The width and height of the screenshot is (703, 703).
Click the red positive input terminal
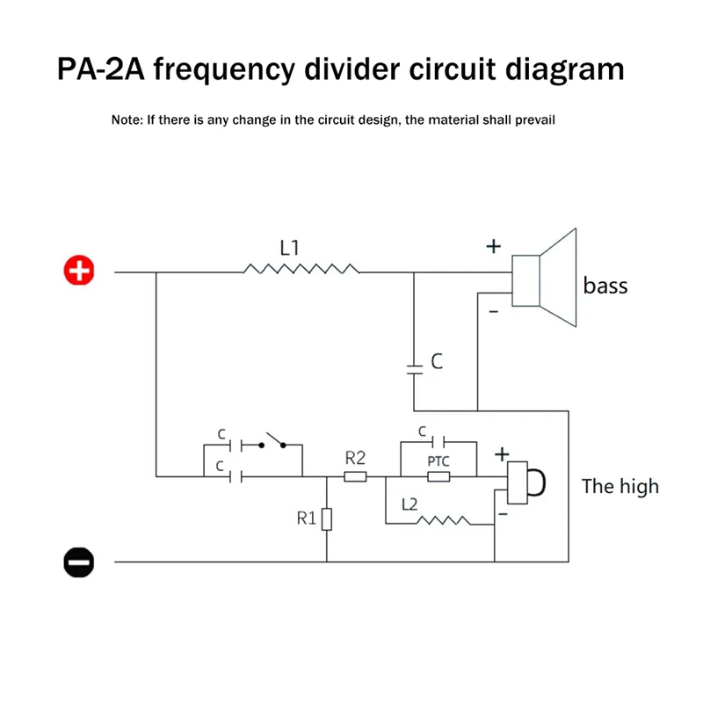point(79,272)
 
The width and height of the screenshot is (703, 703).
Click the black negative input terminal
point(78,561)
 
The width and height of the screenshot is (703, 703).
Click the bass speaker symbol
point(545,280)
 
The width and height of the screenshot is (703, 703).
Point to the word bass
point(605,286)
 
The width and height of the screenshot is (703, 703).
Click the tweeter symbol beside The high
point(526,481)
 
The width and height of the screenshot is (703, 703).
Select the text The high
point(620,486)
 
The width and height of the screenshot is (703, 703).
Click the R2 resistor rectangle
point(355,477)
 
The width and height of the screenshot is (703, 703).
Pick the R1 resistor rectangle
point(326,519)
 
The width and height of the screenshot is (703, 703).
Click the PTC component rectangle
point(438,477)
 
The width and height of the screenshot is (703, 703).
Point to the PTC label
point(438,460)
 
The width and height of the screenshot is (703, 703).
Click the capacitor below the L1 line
point(414,366)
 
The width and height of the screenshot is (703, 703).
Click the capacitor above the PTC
point(438,443)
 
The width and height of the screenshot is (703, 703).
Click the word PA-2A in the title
point(108,69)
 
